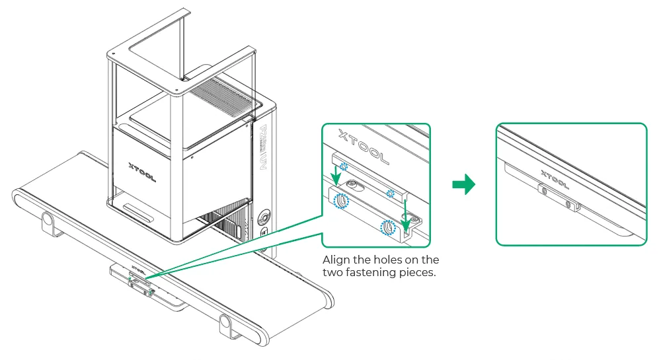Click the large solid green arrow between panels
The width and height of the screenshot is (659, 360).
[463, 185]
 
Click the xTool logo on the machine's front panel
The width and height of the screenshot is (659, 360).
[142, 172]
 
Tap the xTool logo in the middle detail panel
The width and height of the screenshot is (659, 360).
[364, 146]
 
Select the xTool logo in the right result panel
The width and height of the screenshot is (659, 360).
[555, 180]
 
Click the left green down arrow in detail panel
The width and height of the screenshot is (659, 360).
[335, 176]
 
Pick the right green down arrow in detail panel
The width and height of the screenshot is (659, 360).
[405, 216]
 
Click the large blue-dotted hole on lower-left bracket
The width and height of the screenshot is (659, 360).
[341, 201]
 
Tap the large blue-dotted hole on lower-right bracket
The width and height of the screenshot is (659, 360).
[388, 228]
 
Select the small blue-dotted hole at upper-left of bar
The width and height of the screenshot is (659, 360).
[343, 166]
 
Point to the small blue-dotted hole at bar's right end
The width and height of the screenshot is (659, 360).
[391, 194]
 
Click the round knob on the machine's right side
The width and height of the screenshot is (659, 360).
[265, 217]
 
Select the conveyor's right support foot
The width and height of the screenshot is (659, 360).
[227, 326]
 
